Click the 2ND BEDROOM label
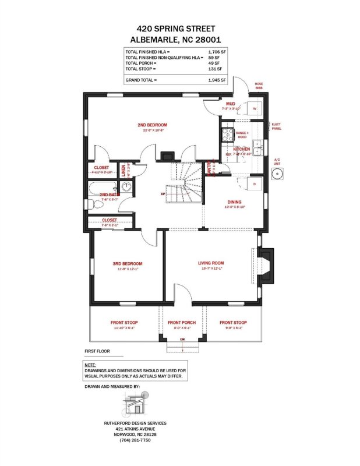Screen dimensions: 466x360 [153, 125]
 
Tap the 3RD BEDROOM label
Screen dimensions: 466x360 [128, 263]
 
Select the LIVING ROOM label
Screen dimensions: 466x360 [211, 263]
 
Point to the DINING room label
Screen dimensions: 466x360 [235, 202]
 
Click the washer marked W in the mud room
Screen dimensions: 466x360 [255, 108]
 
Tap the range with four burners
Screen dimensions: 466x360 [225, 137]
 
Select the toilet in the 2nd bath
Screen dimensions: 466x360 [94, 204]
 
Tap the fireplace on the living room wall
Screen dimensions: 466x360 [265, 266]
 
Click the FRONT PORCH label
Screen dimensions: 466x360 [182, 323]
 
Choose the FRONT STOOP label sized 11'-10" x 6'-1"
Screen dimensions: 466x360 [125, 323]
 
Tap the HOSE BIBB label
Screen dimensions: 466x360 [259, 86]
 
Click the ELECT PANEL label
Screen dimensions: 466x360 [276, 126]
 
